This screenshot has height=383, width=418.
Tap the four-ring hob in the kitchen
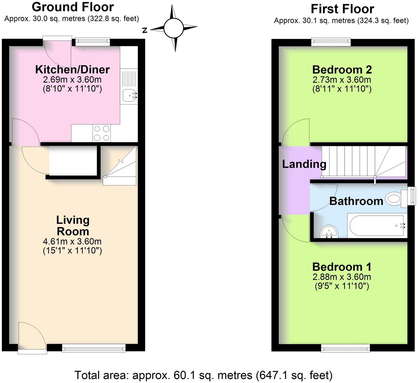coord(102,133)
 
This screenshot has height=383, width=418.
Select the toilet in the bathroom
coord(394,199)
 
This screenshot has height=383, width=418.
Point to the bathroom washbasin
coord(329,232)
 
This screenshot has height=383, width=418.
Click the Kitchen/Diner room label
coord(72,70)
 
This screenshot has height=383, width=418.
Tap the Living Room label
coord(73,226)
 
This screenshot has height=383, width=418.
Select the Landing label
coord(304,164)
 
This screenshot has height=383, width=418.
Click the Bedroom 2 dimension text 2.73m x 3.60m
coord(342,80)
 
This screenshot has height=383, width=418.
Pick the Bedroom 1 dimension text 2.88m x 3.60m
coord(342,277)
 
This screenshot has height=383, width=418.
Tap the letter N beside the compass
coord(145,30)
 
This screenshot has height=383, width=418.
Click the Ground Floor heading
coord(73,7)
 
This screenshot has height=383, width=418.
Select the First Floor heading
coord(342,9)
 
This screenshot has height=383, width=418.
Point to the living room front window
coord(94,348)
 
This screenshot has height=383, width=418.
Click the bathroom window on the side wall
coord(412,196)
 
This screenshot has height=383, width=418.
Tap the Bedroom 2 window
coord(331,42)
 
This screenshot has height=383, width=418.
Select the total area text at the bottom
coord(203,375)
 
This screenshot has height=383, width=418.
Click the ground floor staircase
coord(120,166)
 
